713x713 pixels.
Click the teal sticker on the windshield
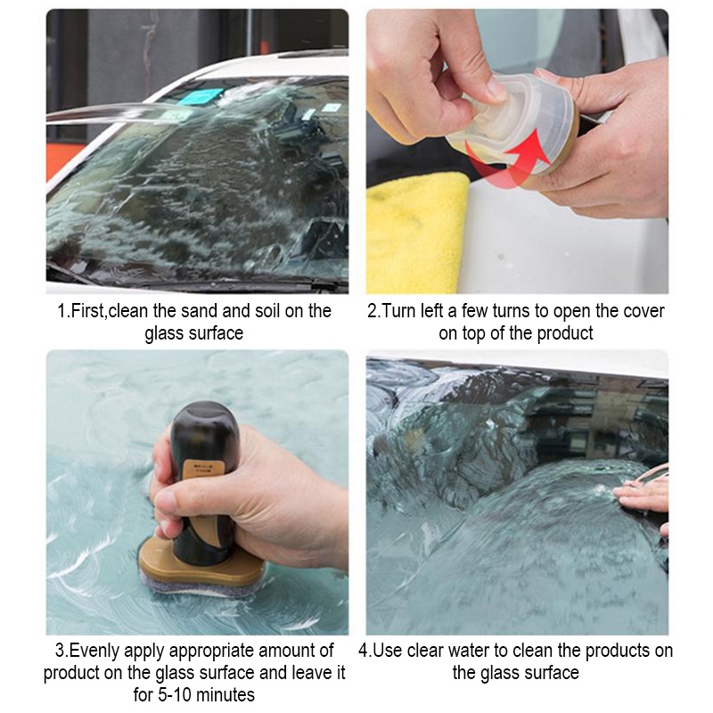coord(201,96)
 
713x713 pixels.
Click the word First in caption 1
coord(88,311)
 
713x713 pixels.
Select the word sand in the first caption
coord(200,311)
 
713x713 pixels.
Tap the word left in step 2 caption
coord(432,311)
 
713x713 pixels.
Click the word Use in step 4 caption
coord(388,652)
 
